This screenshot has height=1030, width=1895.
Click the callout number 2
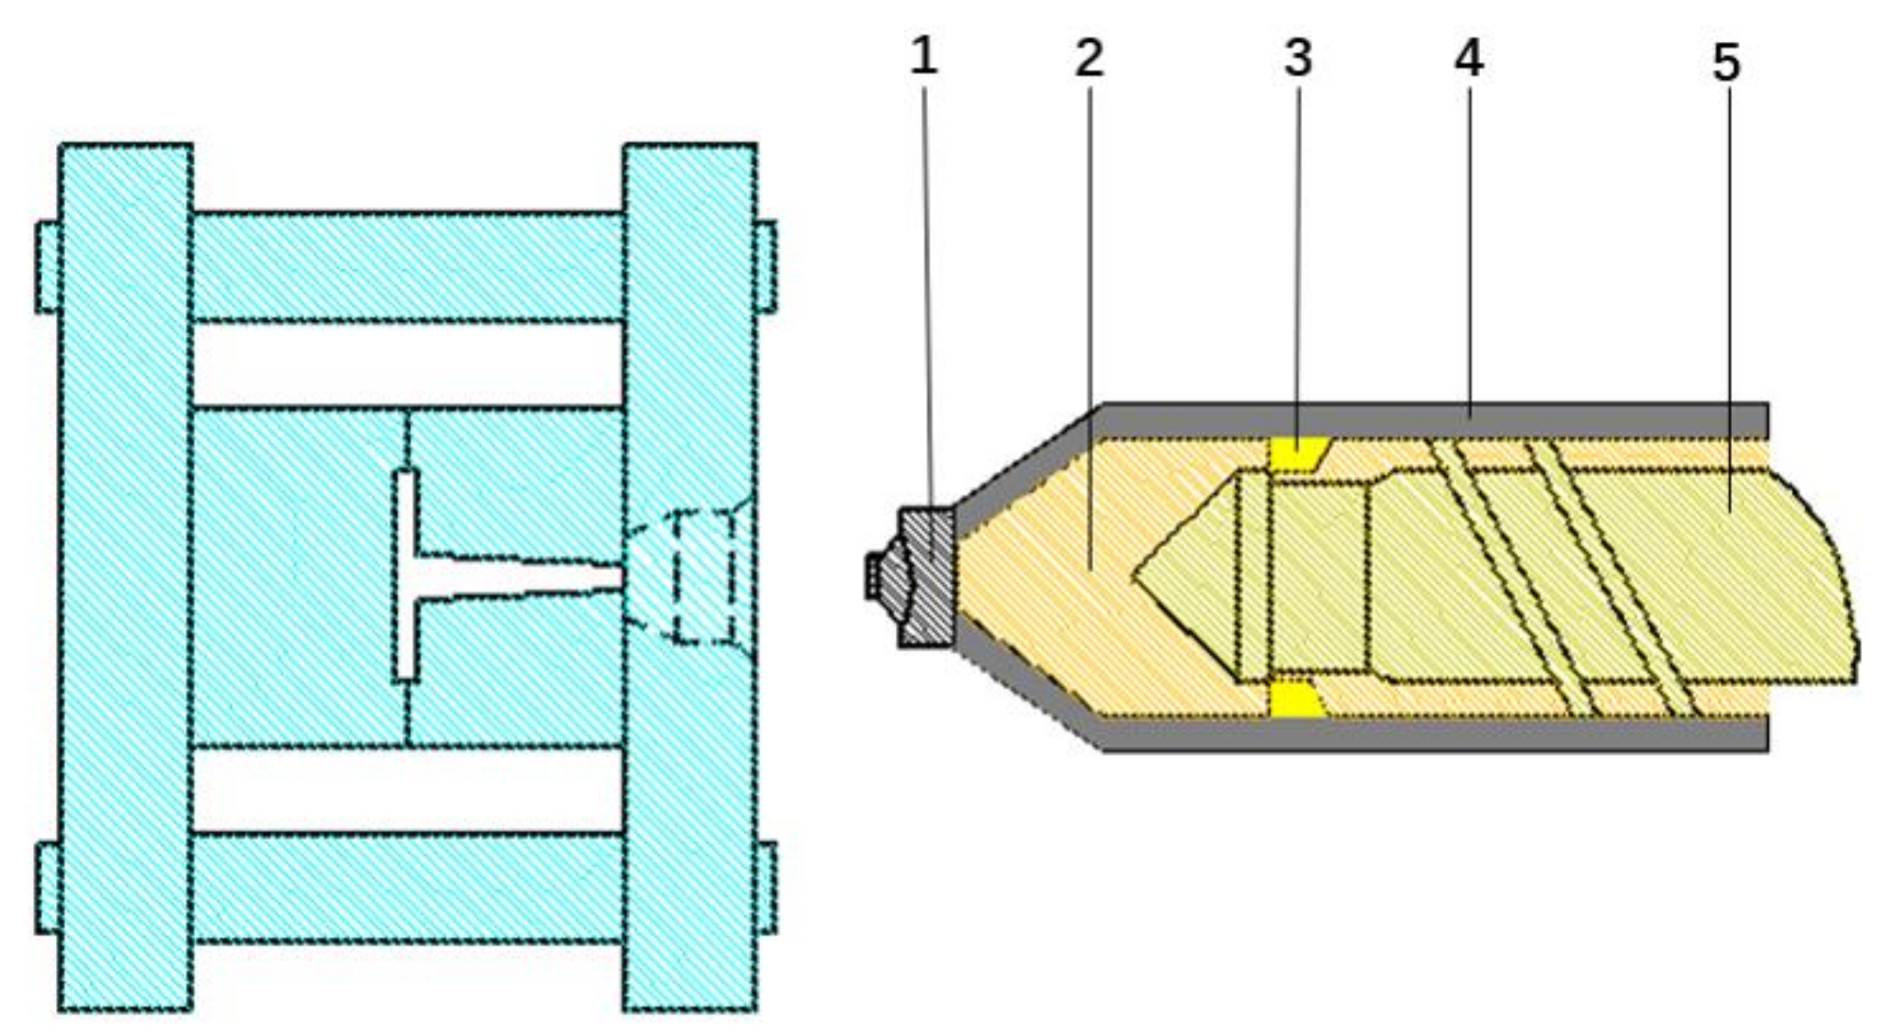pyautogui.click(x=1089, y=59)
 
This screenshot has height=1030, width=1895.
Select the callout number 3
pyautogui.click(x=1297, y=59)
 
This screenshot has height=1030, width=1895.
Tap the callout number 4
pyautogui.click(x=1468, y=59)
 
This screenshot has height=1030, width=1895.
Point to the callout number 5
pyautogui.click(x=1726, y=63)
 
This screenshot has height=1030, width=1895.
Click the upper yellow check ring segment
pyautogui.click(x=1297, y=453)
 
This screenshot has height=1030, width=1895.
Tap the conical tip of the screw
pyautogui.click(x=1184, y=575)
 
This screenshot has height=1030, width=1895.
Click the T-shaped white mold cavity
pyautogui.click(x=406, y=576)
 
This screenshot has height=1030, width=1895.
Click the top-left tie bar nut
pyautogui.click(x=48, y=267)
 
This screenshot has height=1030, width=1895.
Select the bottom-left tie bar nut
pyautogui.click(x=48, y=887)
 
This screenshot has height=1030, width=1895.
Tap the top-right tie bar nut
pyautogui.click(x=766, y=267)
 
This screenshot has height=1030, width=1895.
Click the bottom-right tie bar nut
pyautogui.click(x=766, y=887)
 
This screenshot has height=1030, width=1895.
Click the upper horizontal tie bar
pyautogui.click(x=408, y=267)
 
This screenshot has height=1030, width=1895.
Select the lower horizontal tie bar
pyautogui.click(x=408, y=887)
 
